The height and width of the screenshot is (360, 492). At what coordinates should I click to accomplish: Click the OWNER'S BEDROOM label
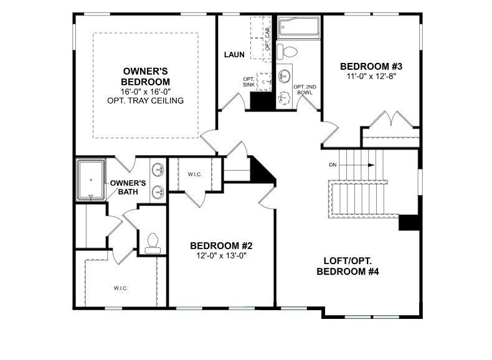(x=146, y=77)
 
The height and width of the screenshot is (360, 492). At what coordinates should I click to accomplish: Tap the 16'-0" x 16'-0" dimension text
(x=146, y=92)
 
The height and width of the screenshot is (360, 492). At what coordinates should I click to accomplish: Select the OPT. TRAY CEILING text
(x=146, y=100)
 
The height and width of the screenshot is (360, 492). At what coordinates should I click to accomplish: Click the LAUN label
(x=234, y=55)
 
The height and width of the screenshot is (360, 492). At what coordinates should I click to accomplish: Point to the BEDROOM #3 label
(x=371, y=67)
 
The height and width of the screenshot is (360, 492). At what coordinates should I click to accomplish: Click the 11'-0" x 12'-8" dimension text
(x=371, y=77)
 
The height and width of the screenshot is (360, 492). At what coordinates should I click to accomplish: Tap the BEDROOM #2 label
(x=221, y=245)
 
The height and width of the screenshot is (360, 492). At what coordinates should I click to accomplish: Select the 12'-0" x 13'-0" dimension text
(x=221, y=255)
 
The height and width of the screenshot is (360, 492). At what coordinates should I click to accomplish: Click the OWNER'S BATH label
(x=128, y=187)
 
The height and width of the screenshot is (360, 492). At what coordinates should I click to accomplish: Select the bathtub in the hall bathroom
(x=298, y=27)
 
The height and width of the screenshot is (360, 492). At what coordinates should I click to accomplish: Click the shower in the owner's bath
(x=91, y=180)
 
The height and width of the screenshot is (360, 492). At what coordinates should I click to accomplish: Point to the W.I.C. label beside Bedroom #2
(x=194, y=174)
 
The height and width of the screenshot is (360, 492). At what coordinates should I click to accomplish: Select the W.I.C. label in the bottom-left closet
(x=120, y=288)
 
